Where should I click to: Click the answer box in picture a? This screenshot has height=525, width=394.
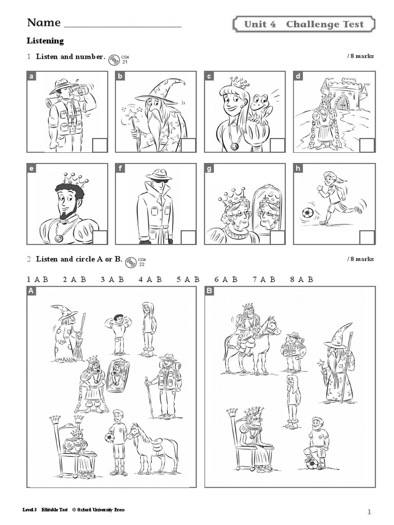tap(100, 145)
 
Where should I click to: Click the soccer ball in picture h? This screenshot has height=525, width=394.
tap(308, 212)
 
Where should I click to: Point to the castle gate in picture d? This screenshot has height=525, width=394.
tap(342, 102)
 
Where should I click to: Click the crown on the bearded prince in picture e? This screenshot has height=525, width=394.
tap(75, 179)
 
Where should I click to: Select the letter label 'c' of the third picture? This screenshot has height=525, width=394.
tap(209, 76)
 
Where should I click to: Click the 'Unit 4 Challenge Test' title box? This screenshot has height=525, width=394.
tap(304, 24)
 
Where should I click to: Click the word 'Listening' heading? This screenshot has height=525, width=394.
tap(45, 41)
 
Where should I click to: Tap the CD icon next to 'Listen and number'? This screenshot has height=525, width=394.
tap(114, 58)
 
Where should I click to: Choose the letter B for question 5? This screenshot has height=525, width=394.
tap(196, 279)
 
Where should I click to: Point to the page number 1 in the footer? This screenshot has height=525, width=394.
tap(369, 512)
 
